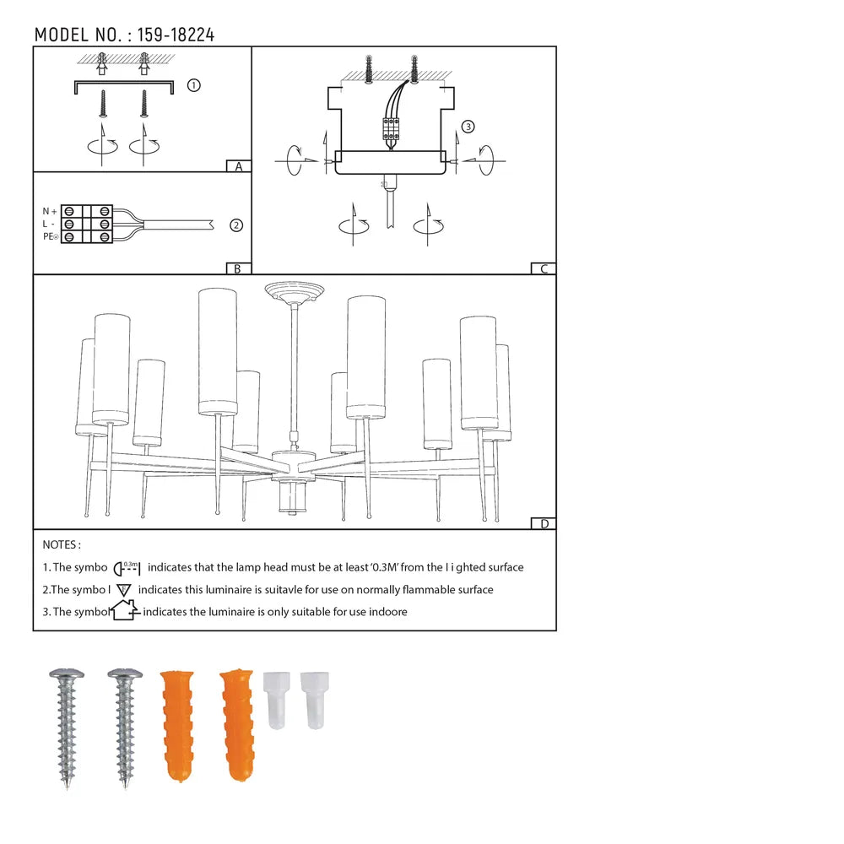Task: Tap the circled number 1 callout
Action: coord(193,85)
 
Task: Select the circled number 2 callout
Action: coord(236,225)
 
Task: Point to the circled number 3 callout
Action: coord(468,127)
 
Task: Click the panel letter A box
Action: coord(239,166)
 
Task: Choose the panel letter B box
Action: coord(239,268)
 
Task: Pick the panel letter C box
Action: coord(544,268)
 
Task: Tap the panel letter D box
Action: coord(544,523)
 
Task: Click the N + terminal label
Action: coord(50,210)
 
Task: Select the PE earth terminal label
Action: coord(50,237)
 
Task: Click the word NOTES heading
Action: coord(62,545)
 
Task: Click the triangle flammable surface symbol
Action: coord(123,590)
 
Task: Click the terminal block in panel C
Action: coord(392,128)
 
